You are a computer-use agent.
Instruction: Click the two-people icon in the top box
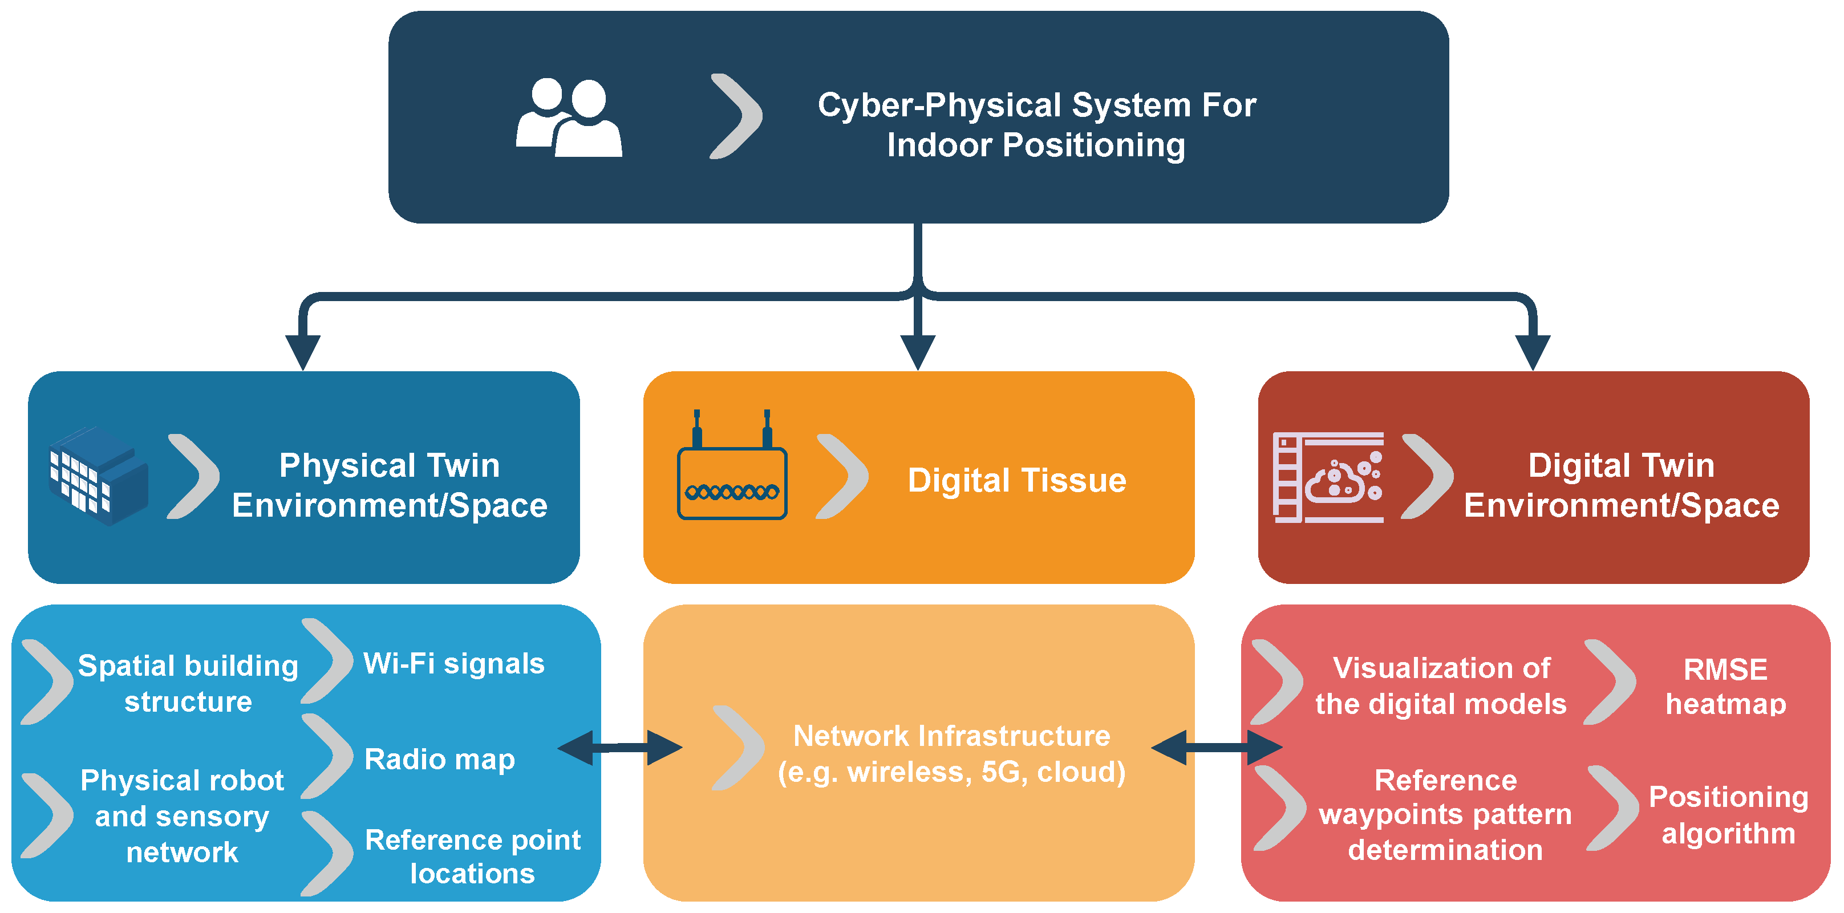(x=569, y=118)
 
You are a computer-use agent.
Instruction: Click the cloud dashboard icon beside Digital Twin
(x=1328, y=477)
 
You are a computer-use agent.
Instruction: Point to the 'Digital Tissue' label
(x=1016, y=480)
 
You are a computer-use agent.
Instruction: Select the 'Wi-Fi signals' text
(x=454, y=663)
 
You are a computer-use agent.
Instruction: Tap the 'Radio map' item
(x=440, y=759)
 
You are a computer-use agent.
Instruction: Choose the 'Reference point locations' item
(x=472, y=856)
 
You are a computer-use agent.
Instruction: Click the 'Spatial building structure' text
(x=188, y=683)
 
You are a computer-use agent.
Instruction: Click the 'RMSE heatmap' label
(x=1725, y=686)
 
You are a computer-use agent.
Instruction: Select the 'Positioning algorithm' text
(x=1728, y=814)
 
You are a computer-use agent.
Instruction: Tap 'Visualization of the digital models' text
(x=1441, y=685)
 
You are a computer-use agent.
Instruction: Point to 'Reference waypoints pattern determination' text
(x=1445, y=814)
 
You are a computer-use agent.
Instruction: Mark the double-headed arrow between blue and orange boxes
(x=620, y=748)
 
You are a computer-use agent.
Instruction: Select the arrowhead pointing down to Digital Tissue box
(x=918, y=351)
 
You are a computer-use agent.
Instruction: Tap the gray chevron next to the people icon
(x=736, y=116)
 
